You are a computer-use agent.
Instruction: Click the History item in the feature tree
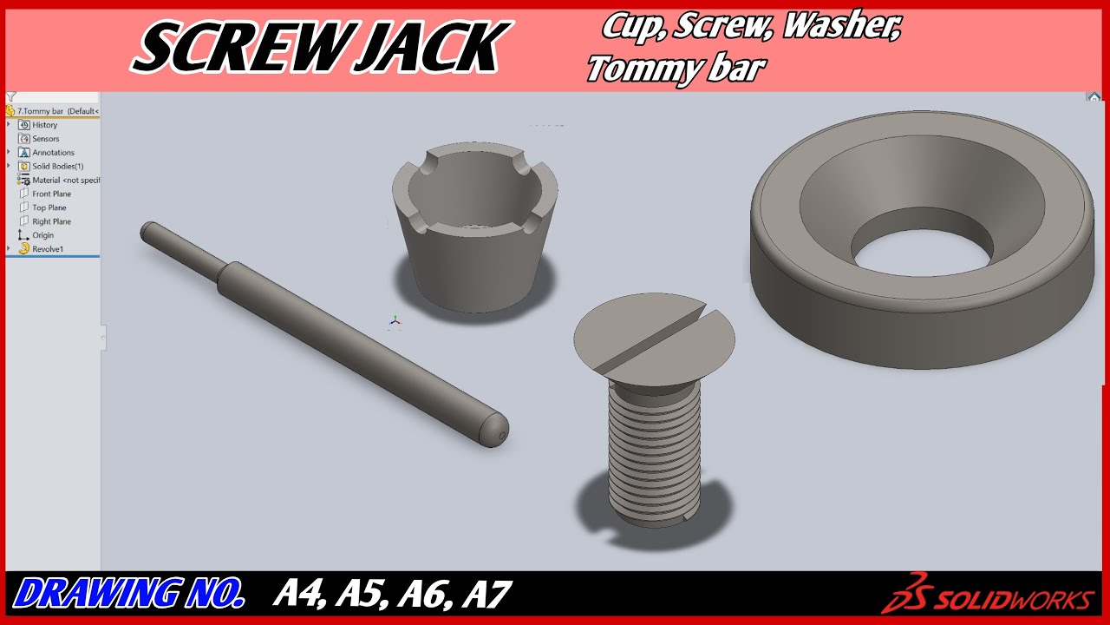pos(44,125)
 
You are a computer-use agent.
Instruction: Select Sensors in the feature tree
pos(45,139)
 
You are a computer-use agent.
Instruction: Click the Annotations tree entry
pos(53,153)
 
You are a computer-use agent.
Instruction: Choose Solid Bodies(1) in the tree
pos(57,166)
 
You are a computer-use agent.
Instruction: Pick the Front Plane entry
pos(51,194)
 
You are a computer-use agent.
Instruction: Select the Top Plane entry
pos(49,207)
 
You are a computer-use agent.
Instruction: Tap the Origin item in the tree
pos(42,235)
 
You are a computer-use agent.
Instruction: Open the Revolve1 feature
pos(47,249)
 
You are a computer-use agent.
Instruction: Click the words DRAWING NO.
pos(130,595)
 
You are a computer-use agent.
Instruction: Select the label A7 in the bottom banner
pos(486,595)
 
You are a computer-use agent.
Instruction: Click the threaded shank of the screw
pos(652,451)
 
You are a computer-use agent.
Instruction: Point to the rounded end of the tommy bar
pos(495,429)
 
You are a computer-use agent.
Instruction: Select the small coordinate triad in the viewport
pos(395,321)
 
